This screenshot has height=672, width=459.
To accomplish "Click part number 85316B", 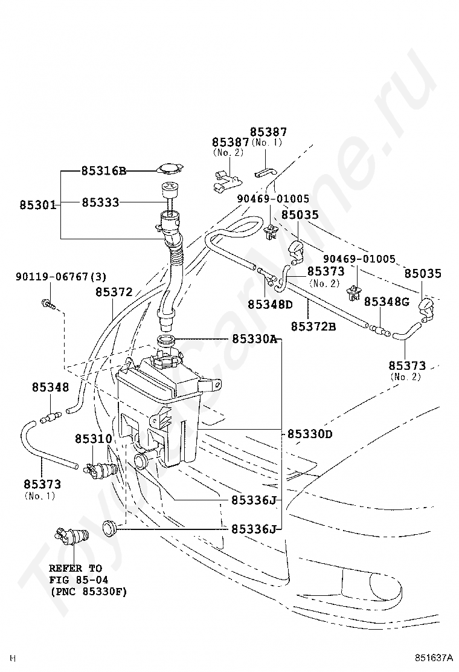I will click(104, 171).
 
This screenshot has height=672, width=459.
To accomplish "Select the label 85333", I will click(100, 202).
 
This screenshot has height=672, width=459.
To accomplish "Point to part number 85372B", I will click(313, 326).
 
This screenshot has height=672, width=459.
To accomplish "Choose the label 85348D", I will click(269, 303).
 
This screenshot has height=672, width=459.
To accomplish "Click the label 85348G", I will click(387, 301).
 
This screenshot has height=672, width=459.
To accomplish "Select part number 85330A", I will click(254, 340).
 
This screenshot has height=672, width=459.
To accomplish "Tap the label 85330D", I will click(309, 434).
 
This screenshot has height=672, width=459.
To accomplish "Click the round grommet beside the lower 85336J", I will click(109, 526).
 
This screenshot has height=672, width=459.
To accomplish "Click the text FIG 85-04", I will click(74, 580).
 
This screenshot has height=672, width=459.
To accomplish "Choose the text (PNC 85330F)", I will click(88, 592).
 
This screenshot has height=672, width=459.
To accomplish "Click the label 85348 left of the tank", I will click(50, 387).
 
